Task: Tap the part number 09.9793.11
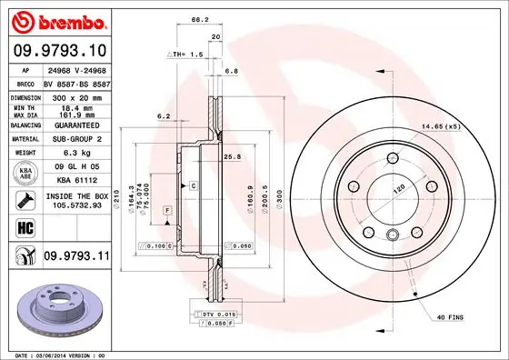pyautogui.click(x=75, y=258)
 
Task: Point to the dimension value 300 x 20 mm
pyautogui.click(x=76, y=95)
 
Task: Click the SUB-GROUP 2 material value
pyautogui.click(x=76, y=138)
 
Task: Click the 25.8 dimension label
pyautogui.click(x=232, y=156)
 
